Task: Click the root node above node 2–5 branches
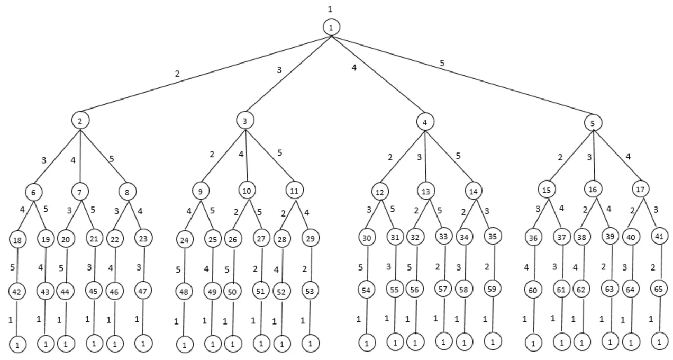331,28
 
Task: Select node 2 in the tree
80,120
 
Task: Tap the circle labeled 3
245,121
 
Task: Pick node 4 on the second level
424,122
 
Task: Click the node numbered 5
593,123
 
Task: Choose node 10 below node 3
247,190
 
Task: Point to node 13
425,190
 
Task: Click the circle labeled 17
641,188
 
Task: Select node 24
185,240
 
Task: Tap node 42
17,292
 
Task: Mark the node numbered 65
659,291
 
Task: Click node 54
367,290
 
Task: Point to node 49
213,292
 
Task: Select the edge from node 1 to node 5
460,75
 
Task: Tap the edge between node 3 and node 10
246,155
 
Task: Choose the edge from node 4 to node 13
425,156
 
